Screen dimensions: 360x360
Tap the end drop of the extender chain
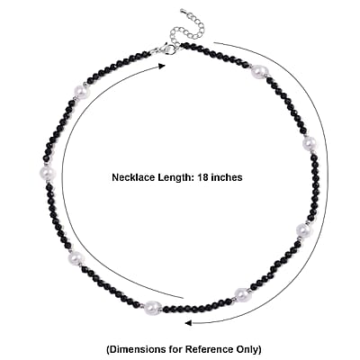click(x=184, y=12)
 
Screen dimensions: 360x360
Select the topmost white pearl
click(x=259, y=72)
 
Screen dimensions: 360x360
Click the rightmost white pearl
click(x=310, y=144)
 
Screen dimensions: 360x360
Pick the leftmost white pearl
click(x=47, y=172)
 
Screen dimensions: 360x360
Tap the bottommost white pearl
click(x=152, y=307)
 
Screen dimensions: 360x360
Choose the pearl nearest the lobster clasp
click(x=82, y=92)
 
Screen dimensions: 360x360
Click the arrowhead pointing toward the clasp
click(x=162, y=67)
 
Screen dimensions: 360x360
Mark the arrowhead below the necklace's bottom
click(x=188, y=323)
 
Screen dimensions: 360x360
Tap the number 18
click(x=202, y=177)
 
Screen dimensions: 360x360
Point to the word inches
click(x=227, y=177)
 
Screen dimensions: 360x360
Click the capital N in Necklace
click(x=115, y=177)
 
